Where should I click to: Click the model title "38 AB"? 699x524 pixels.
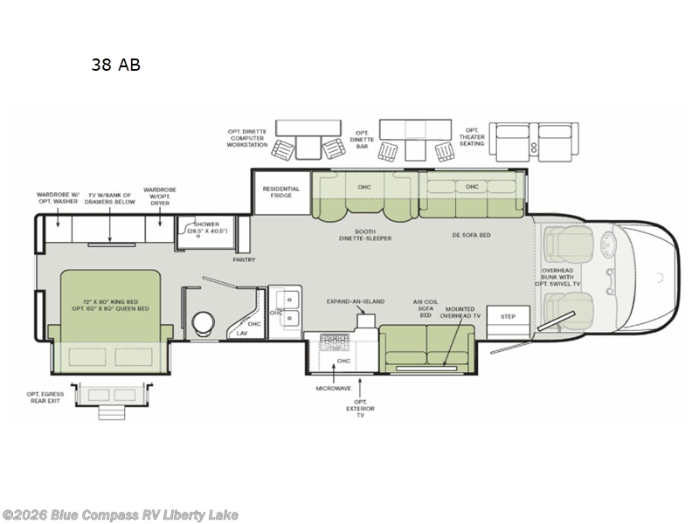click(115, 64)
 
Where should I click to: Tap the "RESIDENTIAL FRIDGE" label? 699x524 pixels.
click(281, 193)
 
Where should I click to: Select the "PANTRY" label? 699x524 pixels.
click(244, 259)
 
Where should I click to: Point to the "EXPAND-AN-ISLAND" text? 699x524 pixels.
click(356, 301)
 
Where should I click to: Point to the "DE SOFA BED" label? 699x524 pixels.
click(470, 234)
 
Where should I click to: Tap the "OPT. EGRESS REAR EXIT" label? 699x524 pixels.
click(45, 397)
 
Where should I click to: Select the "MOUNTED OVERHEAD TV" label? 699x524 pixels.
click(460, 314)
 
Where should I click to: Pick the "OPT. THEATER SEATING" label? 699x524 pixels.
click(473, 135)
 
